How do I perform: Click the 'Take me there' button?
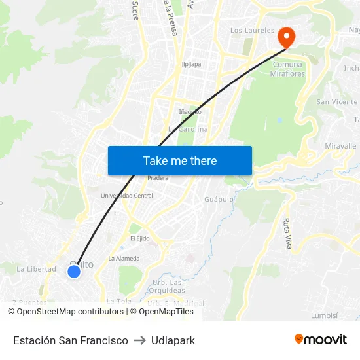(x=180, y=160)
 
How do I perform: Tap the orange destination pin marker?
(x=286, y=37)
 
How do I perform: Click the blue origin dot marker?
(x=74, y=271)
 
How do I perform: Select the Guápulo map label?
(x=219, y=199)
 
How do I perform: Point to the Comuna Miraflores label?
(x=287, y=69)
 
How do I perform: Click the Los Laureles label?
(x=252, y=30)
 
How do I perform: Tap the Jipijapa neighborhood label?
(x=191, y=65)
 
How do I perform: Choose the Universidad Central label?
(x=127, y=196)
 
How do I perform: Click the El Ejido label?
(x=141, y=238)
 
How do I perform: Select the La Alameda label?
(x=124, y=258)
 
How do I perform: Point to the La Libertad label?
(x=36, y=269)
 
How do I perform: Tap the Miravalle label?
(x=340, y=146)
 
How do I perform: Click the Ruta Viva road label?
(x=287, y=234)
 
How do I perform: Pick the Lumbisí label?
(x=325, y=315)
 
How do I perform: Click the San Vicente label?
(x=336, y=102)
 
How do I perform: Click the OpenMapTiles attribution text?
(x=166, y=312)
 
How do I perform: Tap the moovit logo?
(x=320, y=339)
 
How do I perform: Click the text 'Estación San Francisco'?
(x=71, y=340)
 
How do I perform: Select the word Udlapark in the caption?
(x=173, y=340)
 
